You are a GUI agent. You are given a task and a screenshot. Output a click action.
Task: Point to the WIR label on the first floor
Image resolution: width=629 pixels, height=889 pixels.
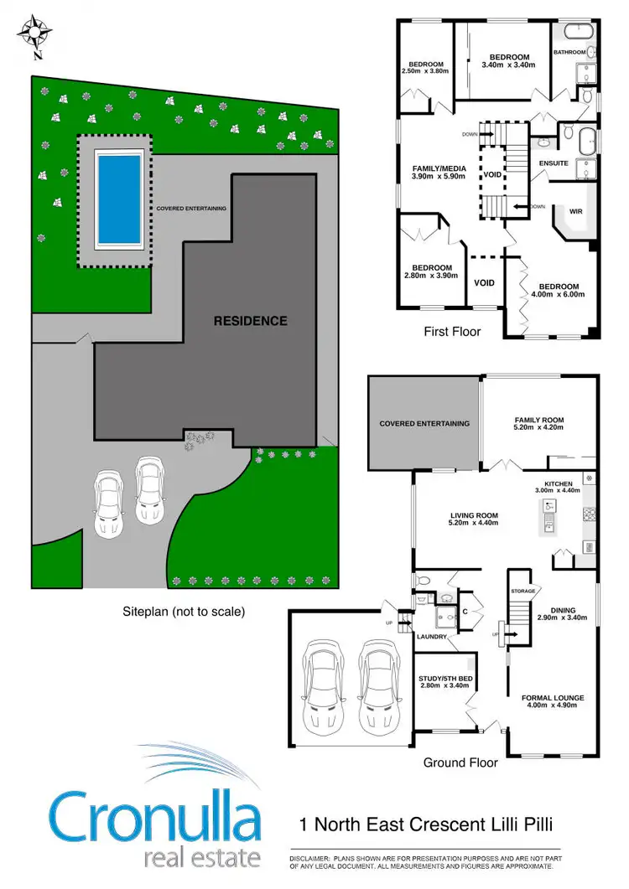[575, 212]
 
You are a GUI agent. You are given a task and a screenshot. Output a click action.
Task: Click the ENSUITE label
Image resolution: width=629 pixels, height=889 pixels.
[554, 163]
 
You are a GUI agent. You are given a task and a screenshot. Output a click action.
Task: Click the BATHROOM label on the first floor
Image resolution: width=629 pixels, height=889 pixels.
[569, 53]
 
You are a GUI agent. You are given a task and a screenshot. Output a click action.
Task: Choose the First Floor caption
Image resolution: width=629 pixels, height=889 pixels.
[452, 332]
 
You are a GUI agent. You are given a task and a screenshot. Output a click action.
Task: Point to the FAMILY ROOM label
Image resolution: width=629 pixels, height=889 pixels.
[538, 421]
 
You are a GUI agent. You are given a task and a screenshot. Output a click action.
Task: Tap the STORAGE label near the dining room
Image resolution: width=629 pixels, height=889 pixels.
[522, 592]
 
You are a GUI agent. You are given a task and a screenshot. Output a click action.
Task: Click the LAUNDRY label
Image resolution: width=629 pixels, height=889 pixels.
[433, 637]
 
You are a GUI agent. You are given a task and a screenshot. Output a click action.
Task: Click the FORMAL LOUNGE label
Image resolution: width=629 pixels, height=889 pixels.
[552, 697]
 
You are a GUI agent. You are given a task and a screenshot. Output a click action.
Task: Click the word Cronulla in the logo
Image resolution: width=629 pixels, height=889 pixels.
[156, 818]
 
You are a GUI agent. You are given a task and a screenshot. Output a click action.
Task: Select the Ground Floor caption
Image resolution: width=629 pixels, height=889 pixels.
[460, 762]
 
